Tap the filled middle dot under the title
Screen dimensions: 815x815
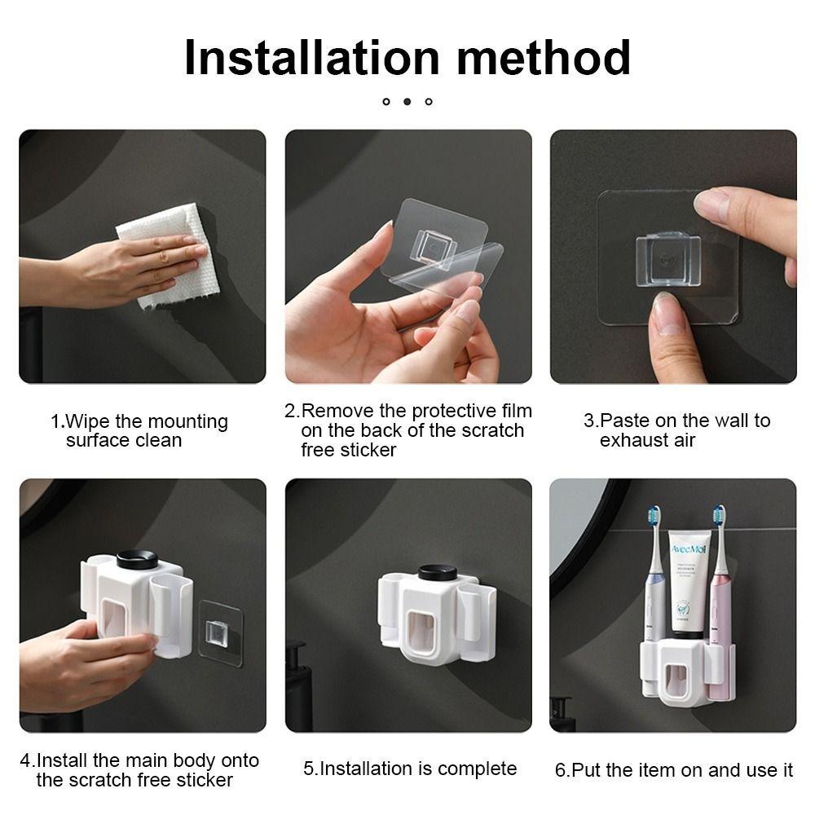(407, 101)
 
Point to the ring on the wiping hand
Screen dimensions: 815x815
(164, 257)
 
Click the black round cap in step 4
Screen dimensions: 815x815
(137, 559)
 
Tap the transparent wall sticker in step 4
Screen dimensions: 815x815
(221, 633)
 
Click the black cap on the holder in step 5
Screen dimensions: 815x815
(438, 573)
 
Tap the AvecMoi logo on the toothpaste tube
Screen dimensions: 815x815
(688, 549)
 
